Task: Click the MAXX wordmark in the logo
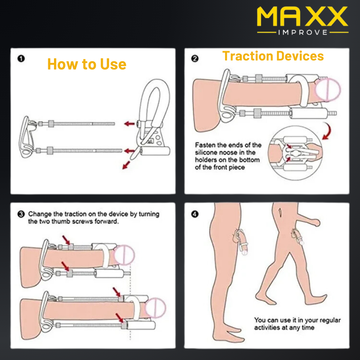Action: (x=302, y=17)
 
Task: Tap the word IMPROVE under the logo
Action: (x=303, y=32)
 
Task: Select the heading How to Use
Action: (x=87, y=64)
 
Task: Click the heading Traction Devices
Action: (x=273, y=56)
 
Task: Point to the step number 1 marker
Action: (x=21, y=58)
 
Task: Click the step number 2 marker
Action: (x=195, y=58)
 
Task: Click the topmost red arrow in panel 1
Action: (x=130, y=124)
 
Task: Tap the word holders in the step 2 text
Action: (x=206, y=160)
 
